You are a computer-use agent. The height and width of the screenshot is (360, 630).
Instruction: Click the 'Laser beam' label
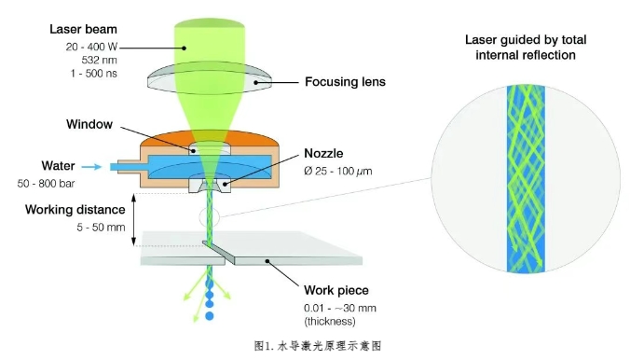tap(83, 29)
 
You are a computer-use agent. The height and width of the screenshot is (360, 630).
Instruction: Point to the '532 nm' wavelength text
tap(99, 61)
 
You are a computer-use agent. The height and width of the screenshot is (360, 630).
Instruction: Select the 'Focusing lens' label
tap(345, 82)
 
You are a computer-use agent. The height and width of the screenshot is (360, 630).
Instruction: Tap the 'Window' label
tap(89, 124)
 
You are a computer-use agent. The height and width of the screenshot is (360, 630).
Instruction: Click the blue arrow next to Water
tap(91, 167)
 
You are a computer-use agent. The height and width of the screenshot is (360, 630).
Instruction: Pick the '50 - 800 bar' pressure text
tap(47, 184)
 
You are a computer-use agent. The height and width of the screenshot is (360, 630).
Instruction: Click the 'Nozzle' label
tap(323, 153)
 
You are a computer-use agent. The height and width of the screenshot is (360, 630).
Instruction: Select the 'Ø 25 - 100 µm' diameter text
tap(338, 172)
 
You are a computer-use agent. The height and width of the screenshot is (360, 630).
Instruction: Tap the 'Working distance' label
tap(75, 210)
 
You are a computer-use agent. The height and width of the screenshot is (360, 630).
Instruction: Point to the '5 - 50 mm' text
tap(101, 228)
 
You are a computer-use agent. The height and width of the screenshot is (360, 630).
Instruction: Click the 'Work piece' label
tap(336, 290)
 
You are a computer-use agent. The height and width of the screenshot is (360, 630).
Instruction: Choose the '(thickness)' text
tap(330, 322)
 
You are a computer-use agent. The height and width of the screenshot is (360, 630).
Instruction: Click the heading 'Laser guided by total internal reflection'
tap(526, 48)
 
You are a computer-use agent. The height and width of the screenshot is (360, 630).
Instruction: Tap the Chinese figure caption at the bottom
tap(318, 346)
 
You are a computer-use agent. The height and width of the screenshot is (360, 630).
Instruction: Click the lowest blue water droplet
tap(210, 316)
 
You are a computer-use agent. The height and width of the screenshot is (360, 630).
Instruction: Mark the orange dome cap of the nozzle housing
tap(209, 138)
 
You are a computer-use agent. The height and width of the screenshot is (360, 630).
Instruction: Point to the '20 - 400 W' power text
tap(91, 47)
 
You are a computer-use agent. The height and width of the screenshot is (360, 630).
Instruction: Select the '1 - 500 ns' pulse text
tap(94, 74)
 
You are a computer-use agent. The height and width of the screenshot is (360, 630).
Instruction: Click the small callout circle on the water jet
tap(210, 217)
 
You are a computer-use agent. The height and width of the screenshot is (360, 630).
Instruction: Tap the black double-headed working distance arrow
tap(134, 219)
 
